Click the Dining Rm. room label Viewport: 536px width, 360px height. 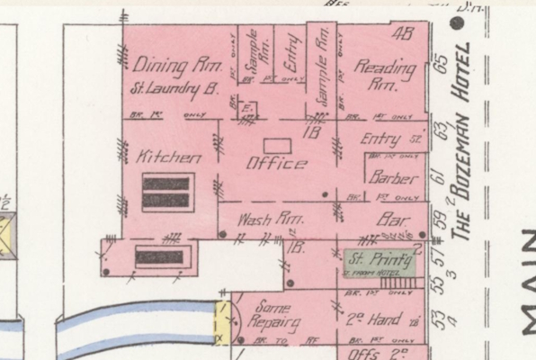pyautogui.click(x=172, y=66)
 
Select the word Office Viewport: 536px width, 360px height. pyautogui.click(x=276, y=164)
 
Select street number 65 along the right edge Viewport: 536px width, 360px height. pyautogui.click(x=441, y=66)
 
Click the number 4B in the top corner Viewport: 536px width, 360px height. pyautogui.click(x=403, y=35)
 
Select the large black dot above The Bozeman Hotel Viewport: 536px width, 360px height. pyautogui.click(x=464, y=43)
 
